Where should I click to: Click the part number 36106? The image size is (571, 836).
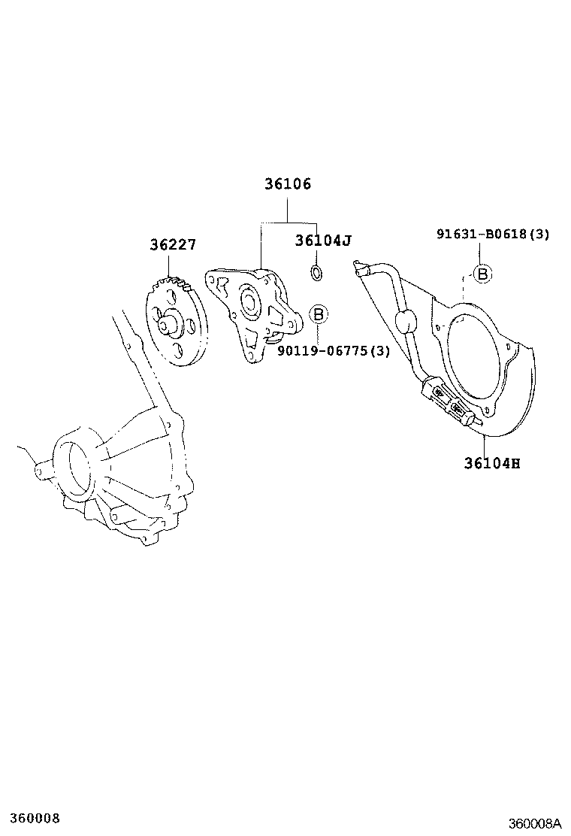pyautogui.click(x=287, y=184)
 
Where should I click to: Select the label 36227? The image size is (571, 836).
pyautogui.click(x=172, y=244)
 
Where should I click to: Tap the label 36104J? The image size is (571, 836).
pyautogui.click(x=323, y=241)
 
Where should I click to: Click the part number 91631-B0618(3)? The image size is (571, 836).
pyautogui.click(x=493, y=234)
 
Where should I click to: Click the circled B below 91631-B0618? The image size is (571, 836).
pyautogui.click(x=482, y=274)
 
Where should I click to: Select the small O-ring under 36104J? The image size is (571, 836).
pyautogui.click(x=317, y=271)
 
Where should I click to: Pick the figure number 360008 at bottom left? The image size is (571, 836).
pyautogui.click(x=30, y=818)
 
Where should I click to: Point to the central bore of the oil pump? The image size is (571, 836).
pyautogui.click(x=247, y=302)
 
